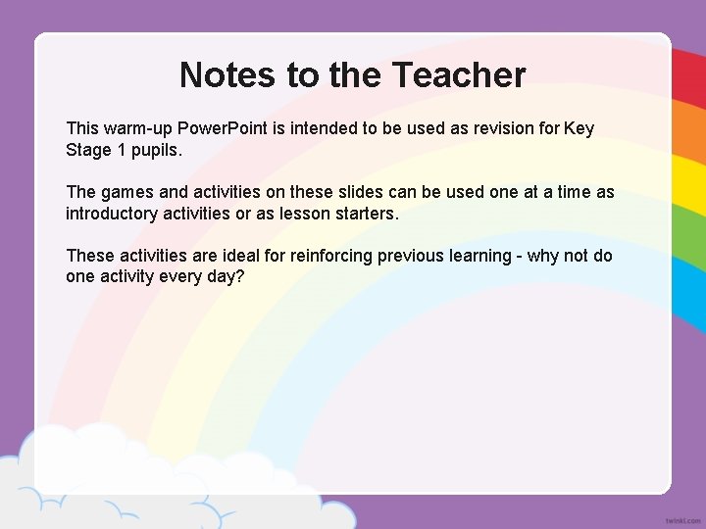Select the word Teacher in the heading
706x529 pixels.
click(x=459, y=74)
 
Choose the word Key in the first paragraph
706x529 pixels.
click(x=579, y=128)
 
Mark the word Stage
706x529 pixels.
click(x=88, y=150)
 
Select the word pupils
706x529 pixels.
click(x=159, y=150)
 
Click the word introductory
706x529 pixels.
click(x=114, y=214)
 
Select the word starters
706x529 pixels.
click(x=366, y=214)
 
